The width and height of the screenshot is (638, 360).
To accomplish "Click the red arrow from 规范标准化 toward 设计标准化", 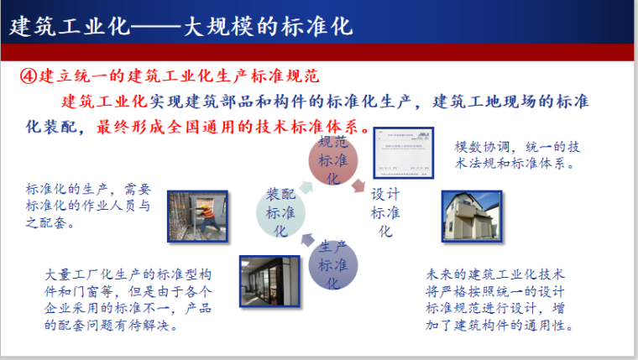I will (358, 185).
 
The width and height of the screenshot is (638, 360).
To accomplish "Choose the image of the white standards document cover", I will (404, 154).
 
